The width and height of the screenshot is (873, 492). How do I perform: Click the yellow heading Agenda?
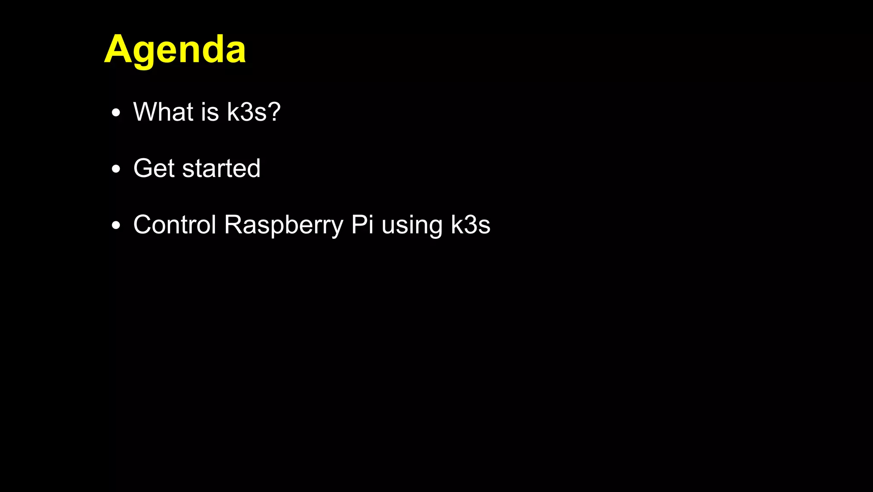(175, 50)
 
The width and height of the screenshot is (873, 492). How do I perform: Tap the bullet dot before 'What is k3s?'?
(116, 113)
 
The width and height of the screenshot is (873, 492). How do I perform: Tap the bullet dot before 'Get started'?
(116, 169)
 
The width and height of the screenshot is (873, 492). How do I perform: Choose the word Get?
(154, 168)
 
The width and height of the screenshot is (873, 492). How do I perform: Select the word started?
(221, 168)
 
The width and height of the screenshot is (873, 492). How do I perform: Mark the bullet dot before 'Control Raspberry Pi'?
(116, 226)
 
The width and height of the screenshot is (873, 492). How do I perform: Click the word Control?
(175, 225)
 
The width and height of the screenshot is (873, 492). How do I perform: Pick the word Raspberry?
(283, 226)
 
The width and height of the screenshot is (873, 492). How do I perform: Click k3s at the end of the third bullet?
(471, 225)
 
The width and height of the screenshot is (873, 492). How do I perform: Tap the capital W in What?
(147, 112)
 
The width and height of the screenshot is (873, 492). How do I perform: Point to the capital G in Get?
(144, 168)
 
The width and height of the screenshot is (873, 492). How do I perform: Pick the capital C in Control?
(144, 225)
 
